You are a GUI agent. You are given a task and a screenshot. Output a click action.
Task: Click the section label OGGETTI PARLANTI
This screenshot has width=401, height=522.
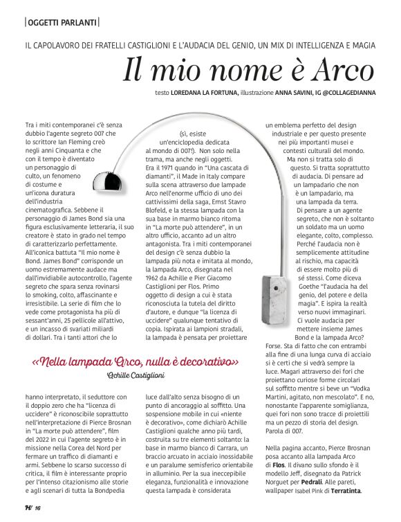click(62, 23)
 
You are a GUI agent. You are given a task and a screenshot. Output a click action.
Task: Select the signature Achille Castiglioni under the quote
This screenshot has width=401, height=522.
click(136, 375)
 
